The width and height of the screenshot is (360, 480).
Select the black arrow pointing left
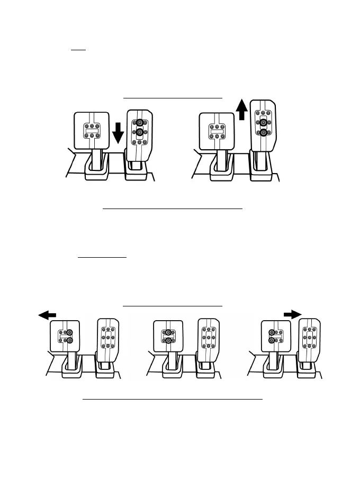47,315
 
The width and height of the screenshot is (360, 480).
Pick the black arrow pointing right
292,314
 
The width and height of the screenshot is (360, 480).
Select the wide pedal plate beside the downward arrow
91,130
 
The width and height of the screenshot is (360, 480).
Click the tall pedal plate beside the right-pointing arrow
308,337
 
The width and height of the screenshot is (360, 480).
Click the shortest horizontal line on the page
78,51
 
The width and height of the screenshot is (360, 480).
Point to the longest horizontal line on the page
173,400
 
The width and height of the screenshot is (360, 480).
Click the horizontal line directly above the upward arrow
173,98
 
